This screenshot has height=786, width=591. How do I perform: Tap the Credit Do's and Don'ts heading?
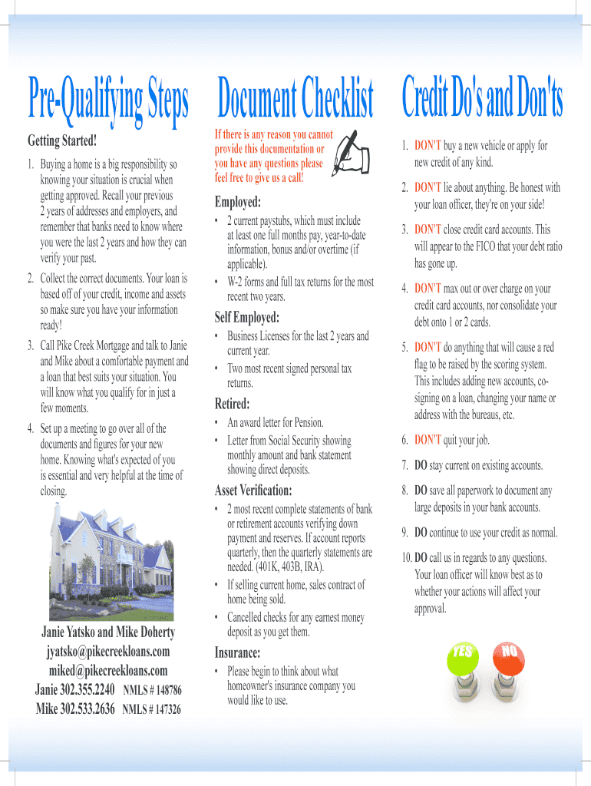point(482,101)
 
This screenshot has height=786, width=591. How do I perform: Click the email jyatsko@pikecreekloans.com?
point(107,652)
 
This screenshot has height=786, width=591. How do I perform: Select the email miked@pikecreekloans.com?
point(107,670)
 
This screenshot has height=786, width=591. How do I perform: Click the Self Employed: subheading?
point(246,318)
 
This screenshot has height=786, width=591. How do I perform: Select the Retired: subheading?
point(232,404)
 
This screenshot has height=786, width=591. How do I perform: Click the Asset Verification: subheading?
point(253,490)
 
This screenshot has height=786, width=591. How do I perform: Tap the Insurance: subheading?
point(238,653)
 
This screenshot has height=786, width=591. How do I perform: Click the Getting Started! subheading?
point(62,141)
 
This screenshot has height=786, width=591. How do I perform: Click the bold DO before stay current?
point(421,466)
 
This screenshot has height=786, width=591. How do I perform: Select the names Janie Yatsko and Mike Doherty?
point(107,632)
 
